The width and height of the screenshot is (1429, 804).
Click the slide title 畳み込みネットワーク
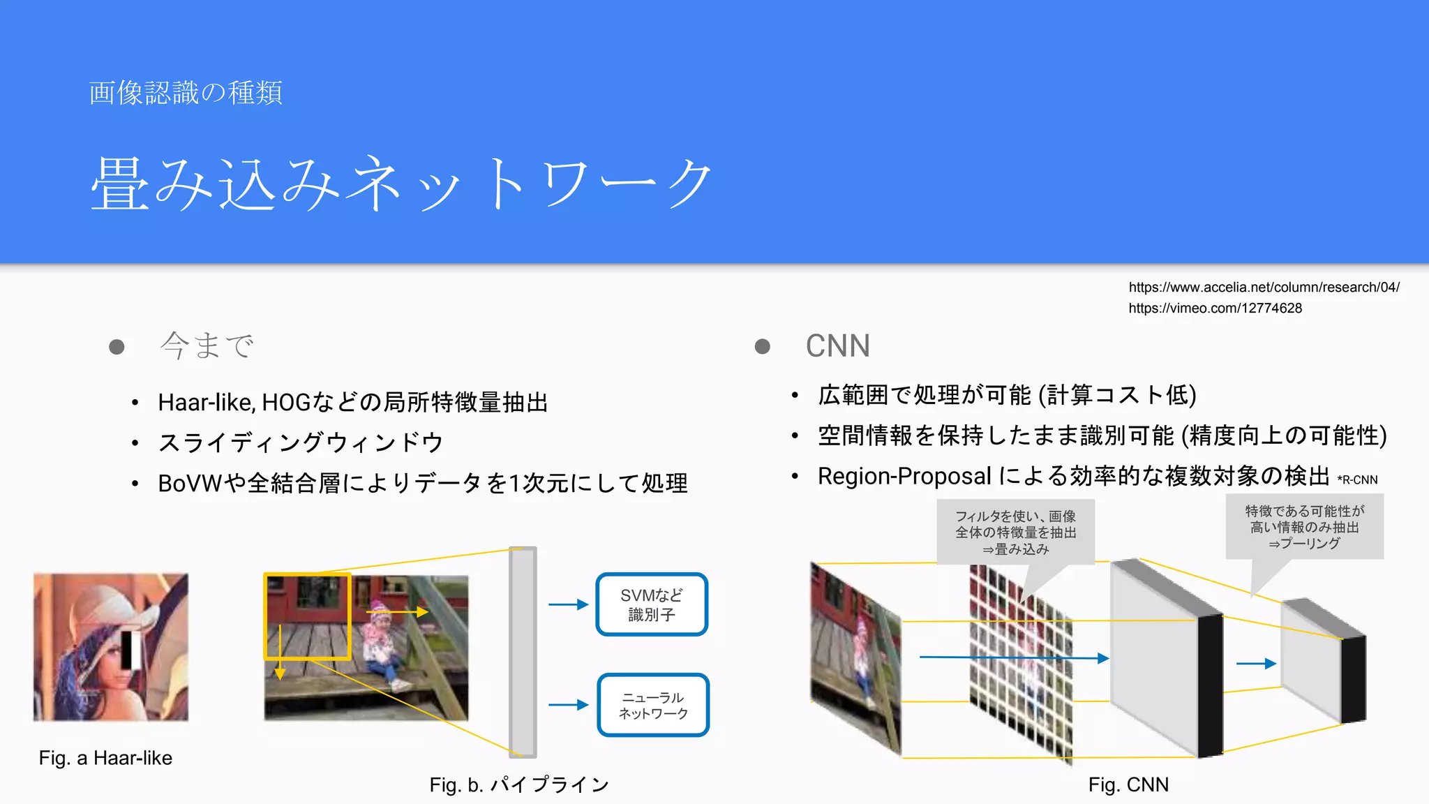coord(401,183)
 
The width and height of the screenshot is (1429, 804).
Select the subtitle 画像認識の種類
coord(186,93)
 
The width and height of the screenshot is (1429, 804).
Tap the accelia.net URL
coord(1264,287)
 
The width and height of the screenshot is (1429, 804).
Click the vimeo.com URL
coord(1215,308)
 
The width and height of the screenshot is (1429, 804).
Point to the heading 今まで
coord(207,345)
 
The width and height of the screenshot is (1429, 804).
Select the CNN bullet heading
coord(837,346)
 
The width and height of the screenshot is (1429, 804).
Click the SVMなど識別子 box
coord(652,604)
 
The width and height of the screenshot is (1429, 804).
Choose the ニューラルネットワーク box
coord(653,705)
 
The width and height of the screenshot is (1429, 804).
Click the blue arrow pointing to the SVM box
coord(568,604)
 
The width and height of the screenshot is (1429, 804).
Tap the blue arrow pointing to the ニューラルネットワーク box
coord(568,705)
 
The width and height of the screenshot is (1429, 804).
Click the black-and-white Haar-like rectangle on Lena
coord(131,649)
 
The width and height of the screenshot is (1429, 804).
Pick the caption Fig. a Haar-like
coord(105,758)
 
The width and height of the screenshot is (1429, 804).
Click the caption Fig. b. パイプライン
coord(519,784)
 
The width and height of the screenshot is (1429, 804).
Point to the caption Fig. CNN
coord(1128,784)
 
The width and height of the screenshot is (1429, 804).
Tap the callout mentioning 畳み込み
coord(1015,532)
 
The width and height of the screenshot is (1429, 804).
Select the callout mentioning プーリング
coord(1304,527)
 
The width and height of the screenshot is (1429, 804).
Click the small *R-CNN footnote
coord(1357,480)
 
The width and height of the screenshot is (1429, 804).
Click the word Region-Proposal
coord(904,476)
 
